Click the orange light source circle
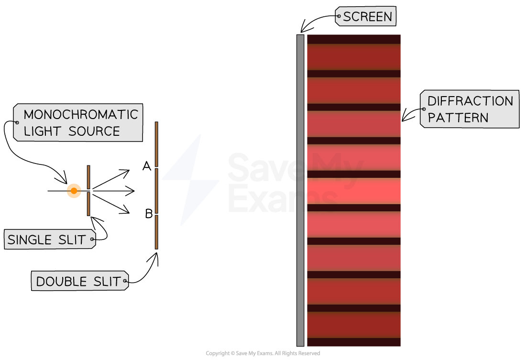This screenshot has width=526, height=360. tap(74, 191)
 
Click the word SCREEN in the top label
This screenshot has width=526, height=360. tap(367, 17)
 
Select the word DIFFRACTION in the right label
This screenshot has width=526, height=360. tap(470, 101)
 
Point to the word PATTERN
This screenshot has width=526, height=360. tap(458, 118)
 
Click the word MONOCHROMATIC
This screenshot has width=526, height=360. tap(80, 115)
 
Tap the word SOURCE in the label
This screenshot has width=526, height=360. tap(94, 131)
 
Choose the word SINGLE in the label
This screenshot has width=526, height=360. tap(33, 240)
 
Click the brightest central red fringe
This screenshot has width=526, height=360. tap(353, 191)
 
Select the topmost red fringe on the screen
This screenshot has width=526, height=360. tap(353, 57)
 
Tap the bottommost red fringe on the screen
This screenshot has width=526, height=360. tap(353, 325)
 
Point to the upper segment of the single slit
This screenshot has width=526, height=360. tap(88, 177)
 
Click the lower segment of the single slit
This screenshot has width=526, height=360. tap(88, 204)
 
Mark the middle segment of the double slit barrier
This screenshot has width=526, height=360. tap(156, 190)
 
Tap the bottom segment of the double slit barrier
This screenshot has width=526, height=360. tap(156, 232)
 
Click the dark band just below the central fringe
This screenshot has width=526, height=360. tap(353, 208)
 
